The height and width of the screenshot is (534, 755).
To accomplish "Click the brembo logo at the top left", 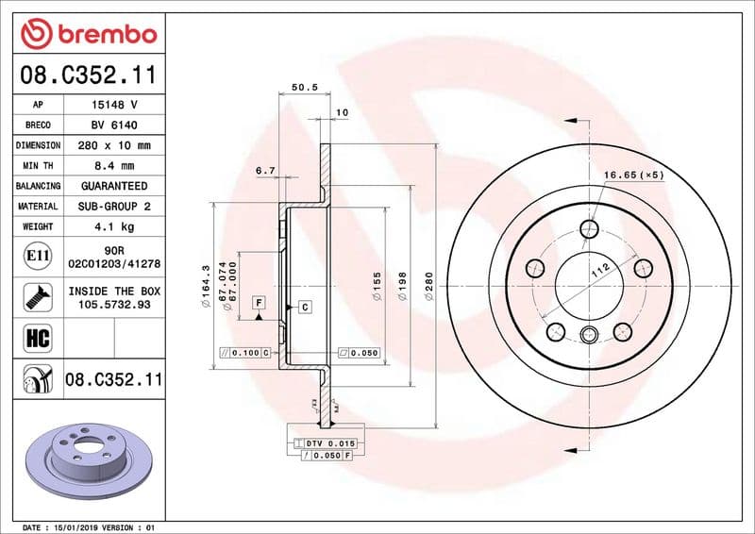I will (x=88, y=33).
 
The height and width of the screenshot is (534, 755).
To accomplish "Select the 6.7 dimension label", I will (x=265, y=171).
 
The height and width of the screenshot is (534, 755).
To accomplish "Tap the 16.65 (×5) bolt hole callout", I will (x=633, y=175).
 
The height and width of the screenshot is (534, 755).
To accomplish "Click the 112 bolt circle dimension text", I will (x=596, y=273).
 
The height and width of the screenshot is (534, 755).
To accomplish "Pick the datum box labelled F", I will (x=257, y=301).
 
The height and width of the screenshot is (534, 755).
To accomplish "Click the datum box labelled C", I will (x=305, y=307).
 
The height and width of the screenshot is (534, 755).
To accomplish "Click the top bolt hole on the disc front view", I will (x=590, y=228).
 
